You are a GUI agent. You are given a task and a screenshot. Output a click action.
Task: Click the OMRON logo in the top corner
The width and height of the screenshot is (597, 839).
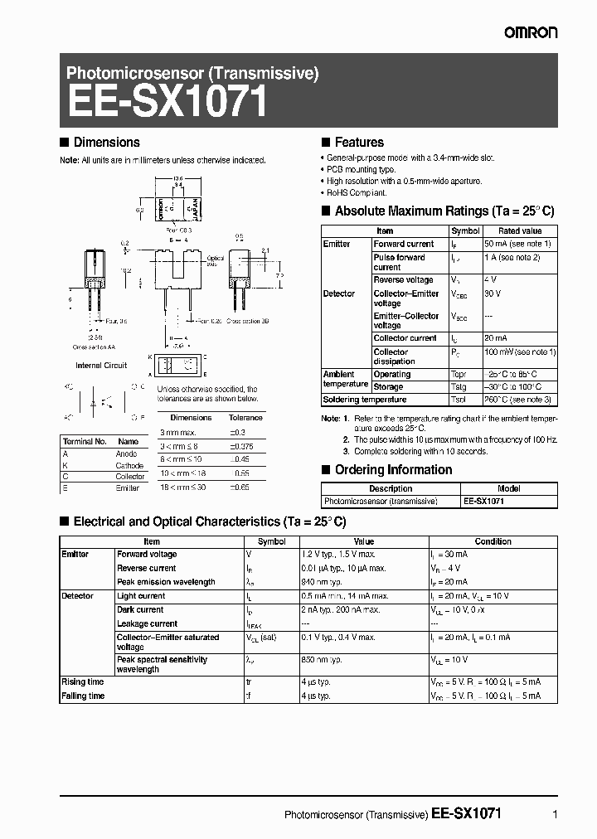(x=531, y=32)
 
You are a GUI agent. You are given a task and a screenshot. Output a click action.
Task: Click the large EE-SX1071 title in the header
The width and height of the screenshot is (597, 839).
(x=167, y=104)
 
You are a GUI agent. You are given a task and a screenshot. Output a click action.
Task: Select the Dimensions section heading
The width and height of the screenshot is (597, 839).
(x=106, y=143)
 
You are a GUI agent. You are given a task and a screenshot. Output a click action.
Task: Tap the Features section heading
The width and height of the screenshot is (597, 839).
(x=359, y=143)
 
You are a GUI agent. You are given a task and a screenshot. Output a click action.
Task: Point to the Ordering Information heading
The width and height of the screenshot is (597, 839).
(x=393, y=470)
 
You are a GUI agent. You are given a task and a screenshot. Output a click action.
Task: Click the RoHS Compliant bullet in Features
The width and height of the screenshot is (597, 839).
(x=357, y=192)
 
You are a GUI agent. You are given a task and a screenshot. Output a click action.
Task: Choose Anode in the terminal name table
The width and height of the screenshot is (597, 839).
(x=127, y=454)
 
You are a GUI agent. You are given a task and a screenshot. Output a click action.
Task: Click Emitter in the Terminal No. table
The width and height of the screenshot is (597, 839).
(x=128, y=488)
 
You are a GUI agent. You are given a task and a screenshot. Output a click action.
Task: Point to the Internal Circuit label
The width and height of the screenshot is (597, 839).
(x=101, y=366)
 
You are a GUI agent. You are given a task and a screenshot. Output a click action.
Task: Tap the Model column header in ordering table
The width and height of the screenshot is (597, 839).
(x=508, y=489)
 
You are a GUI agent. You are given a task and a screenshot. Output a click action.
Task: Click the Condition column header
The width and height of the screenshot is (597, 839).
(x=493, y=541)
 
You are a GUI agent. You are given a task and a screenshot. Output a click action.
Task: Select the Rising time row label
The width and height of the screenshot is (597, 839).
(x=83, y=682)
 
